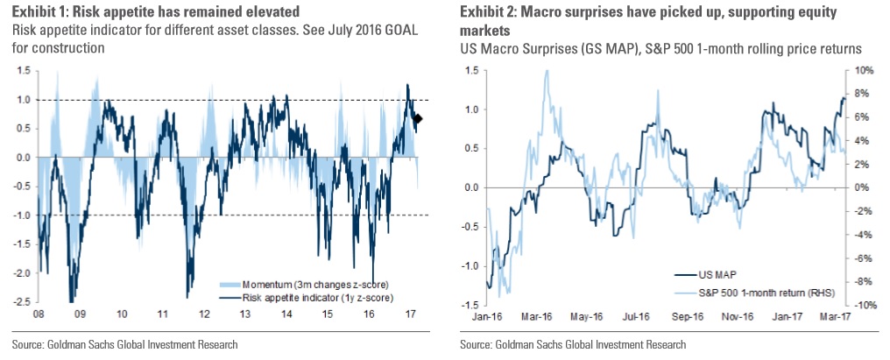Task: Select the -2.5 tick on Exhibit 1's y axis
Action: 22,303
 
